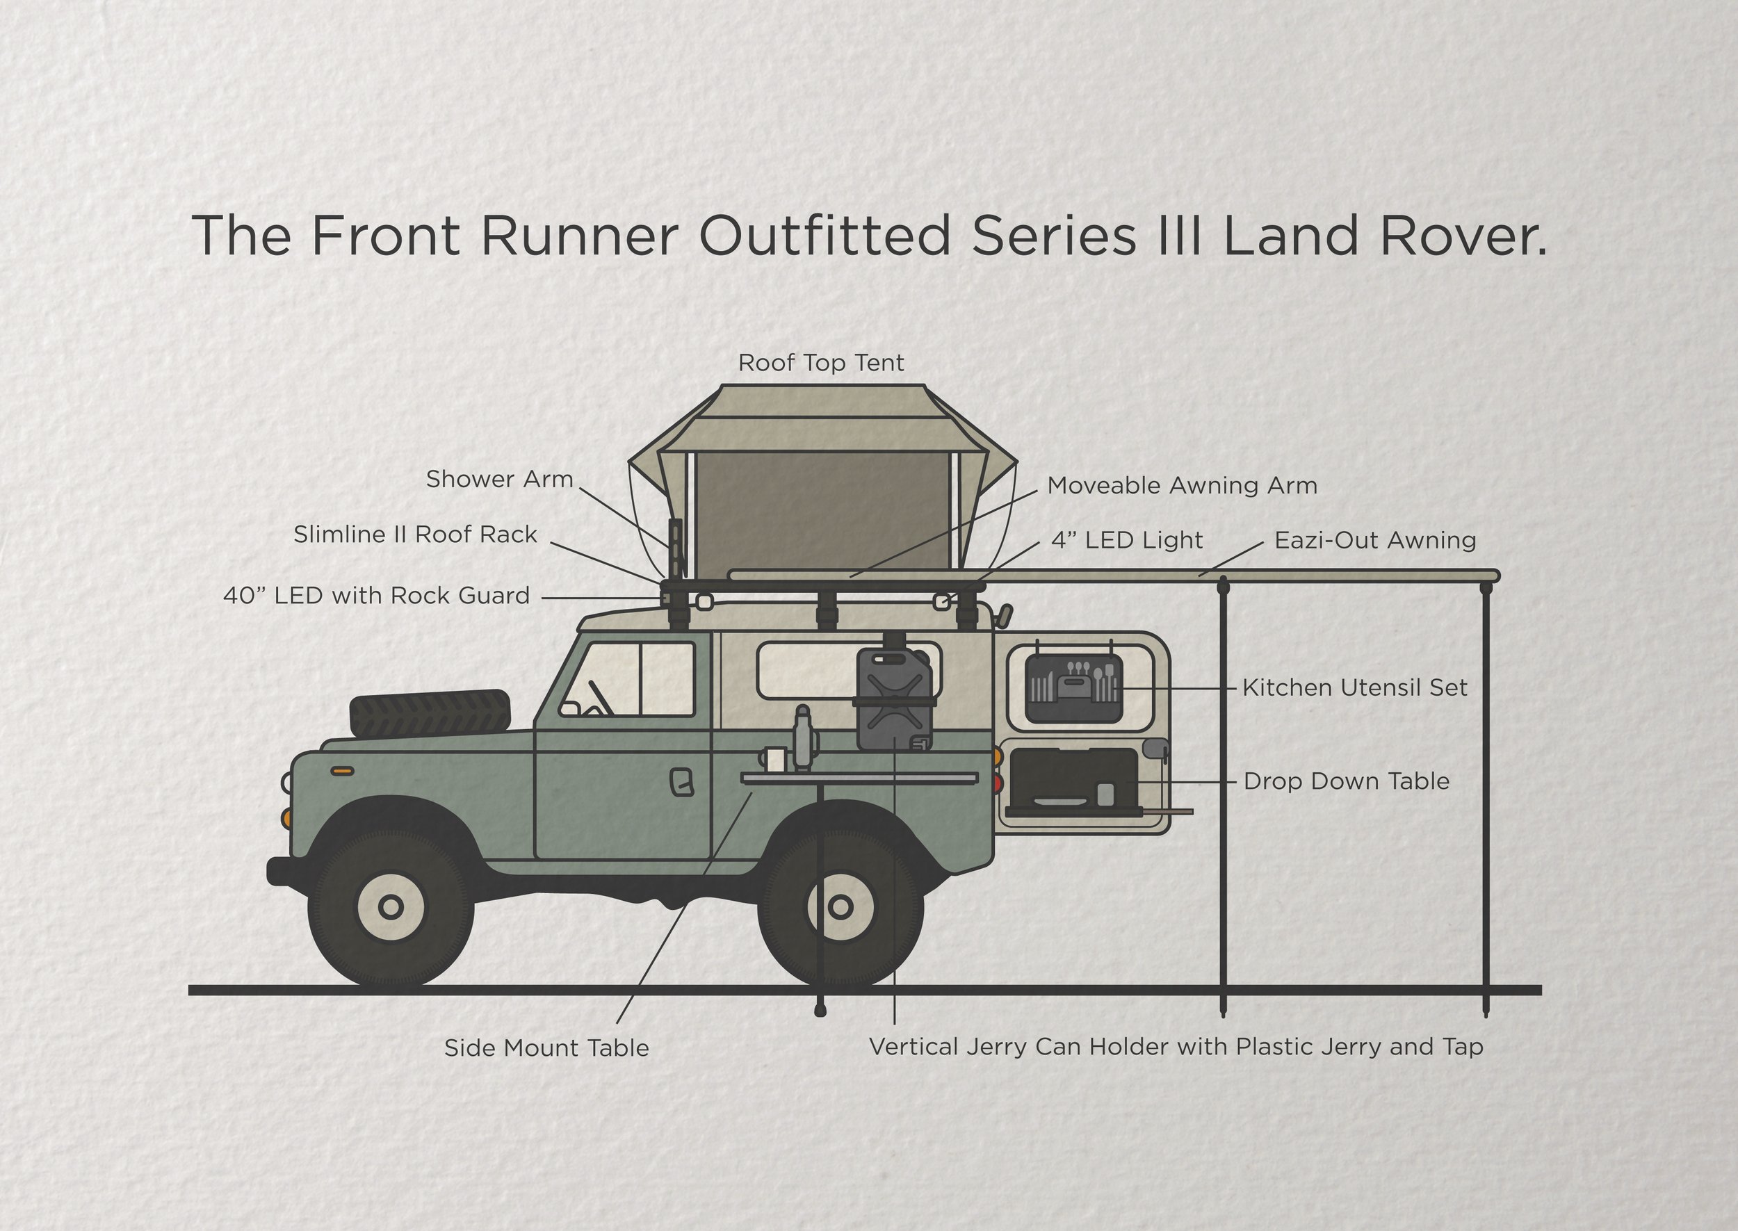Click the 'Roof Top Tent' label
(821, 363)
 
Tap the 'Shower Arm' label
(498, 479)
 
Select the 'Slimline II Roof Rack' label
(414, 535)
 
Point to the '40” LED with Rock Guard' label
(376, 596)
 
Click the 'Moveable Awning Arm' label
(1182, 486)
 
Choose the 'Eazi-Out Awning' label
(1375, 541)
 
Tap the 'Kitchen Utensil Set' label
(1354, 688)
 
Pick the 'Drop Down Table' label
(1346, 781)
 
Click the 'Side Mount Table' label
(546, 1048)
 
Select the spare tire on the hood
(430, 712)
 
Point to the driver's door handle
(681, 782)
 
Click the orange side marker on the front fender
(343, 771)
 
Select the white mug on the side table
(774, 760)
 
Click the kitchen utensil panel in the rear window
(1073, 688)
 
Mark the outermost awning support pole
(1486, 796)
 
